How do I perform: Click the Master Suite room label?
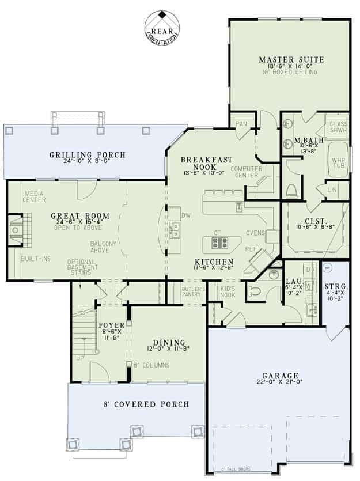291,60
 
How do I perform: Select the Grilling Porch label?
87,155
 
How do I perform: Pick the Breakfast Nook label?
206,164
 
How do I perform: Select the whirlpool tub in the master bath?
338,162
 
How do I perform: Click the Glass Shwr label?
338,127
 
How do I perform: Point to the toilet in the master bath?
292,190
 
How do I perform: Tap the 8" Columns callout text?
151,365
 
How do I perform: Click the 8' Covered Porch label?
146,404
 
